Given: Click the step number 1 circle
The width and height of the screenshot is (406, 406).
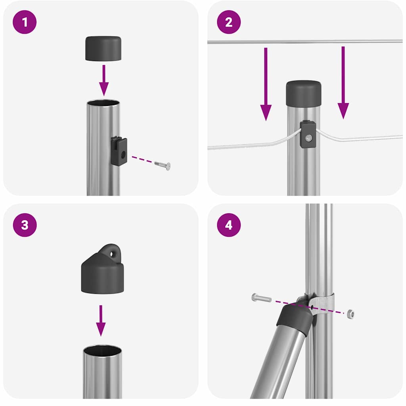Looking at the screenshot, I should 25,22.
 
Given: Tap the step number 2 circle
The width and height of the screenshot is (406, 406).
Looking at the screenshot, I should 229,22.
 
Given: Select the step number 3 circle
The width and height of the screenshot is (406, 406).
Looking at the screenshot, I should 25,225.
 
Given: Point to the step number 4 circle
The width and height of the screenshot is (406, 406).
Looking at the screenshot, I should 229,225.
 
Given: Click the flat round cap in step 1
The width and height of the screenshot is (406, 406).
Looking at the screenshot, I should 103,48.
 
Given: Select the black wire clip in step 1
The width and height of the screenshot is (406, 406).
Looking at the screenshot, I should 119,151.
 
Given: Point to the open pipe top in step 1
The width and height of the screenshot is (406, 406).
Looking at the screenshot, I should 103,103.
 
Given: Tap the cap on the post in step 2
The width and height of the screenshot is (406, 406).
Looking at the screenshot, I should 303,93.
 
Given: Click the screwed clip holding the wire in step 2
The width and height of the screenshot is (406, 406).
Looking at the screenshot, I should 308,135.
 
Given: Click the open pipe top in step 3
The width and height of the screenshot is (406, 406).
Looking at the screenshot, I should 102,351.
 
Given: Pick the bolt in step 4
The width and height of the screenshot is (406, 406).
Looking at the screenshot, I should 261,298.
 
